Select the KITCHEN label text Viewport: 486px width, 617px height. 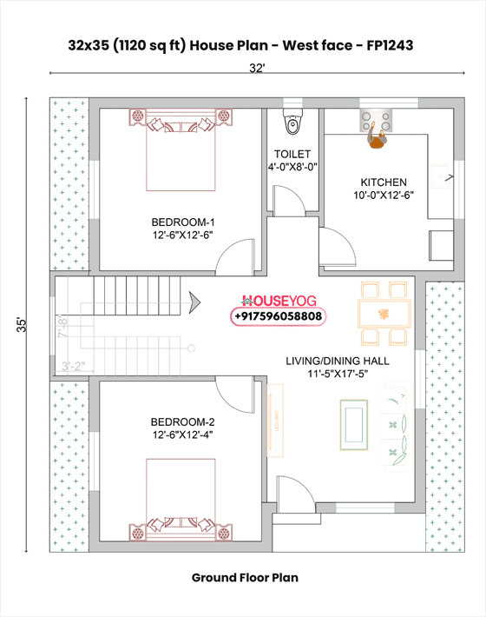[x=383, y=182]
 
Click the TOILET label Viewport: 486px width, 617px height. [x=287, y=154]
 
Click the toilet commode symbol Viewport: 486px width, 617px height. [x=292, y=124]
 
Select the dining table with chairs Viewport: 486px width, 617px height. [x=383, y=312]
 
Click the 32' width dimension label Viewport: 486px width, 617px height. [x=257, y=68]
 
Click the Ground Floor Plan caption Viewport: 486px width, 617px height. [x=245, y=577]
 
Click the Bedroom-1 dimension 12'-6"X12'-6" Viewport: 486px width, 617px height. [x=181, y=235]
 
